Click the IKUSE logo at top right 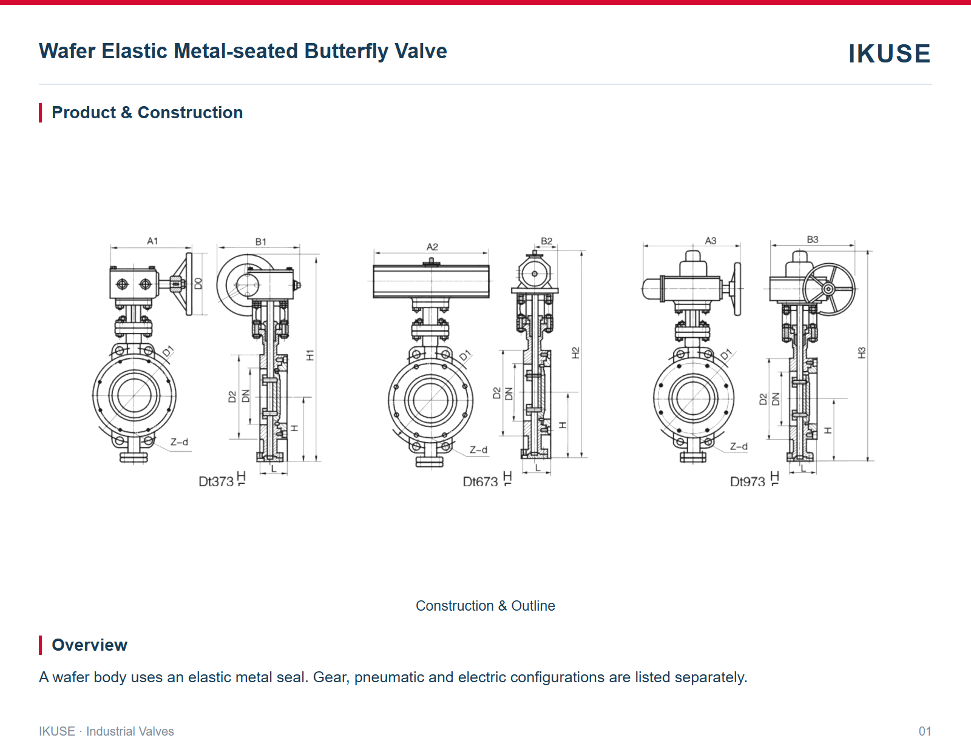click(889, 53)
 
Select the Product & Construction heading click(147, 113)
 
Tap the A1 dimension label click(152, 241)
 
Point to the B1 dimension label click(260, 241)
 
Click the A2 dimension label click(432, 247)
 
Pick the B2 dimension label click(547, 241)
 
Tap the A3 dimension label click(711, 241)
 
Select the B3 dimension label click(813, 240)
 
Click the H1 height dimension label click(310, 355)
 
